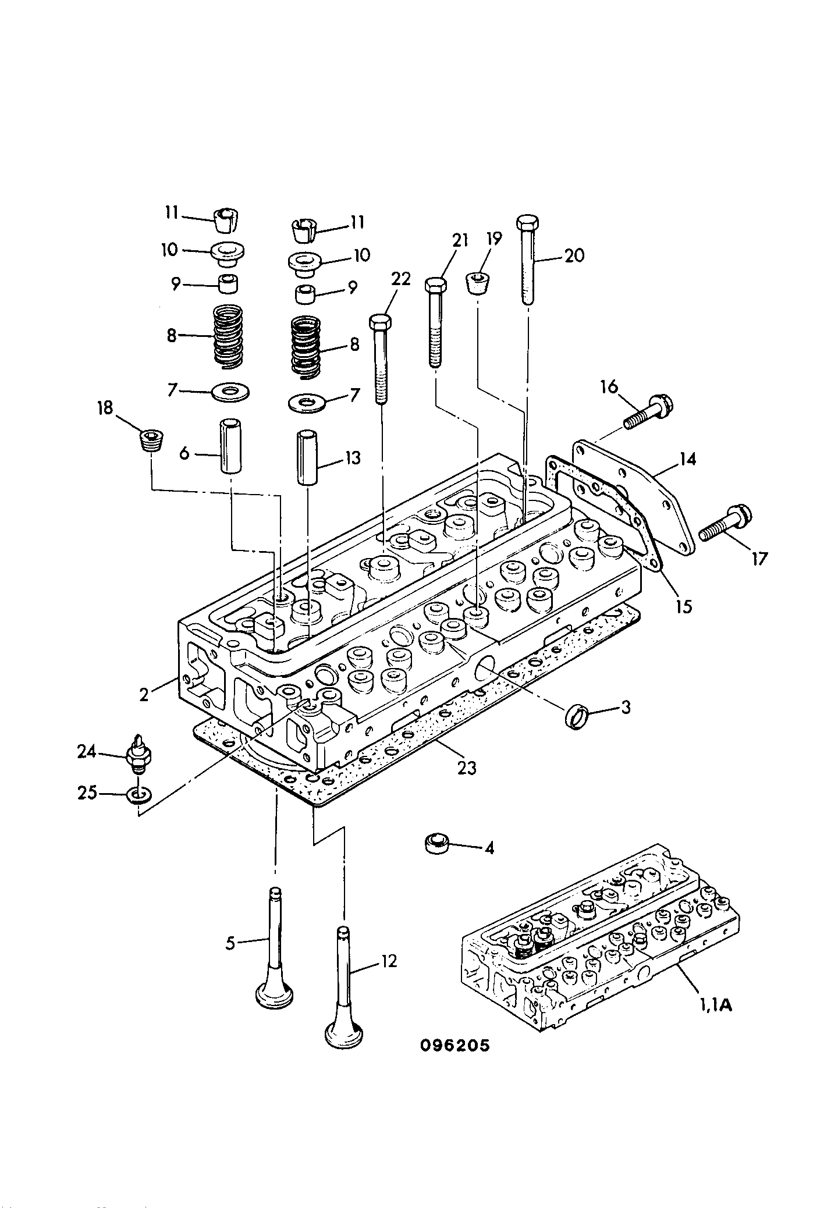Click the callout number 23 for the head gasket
click(467, 768)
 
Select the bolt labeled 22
click(381, 359)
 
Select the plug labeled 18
click(152, 440)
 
